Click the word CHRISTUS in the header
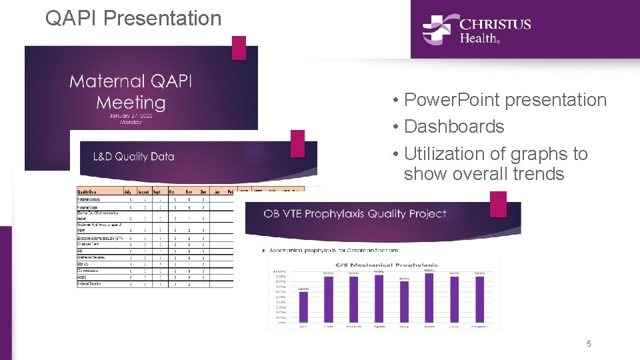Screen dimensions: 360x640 tap(495, 24)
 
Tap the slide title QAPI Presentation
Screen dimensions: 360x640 tap(133, 18)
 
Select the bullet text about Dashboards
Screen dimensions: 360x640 tap(453, 127)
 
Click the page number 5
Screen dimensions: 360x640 tap(589, 344)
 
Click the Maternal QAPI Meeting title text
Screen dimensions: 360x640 tap(131, 92)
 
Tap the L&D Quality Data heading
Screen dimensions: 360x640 tap(133, 157)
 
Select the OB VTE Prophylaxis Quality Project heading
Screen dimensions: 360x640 tap(355, 214)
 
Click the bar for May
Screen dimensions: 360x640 tap(404, 303)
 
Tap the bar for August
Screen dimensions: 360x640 tap(480, 301)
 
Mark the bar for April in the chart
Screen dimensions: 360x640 tap(379, 301)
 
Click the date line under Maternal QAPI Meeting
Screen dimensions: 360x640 tap(131, 115)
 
